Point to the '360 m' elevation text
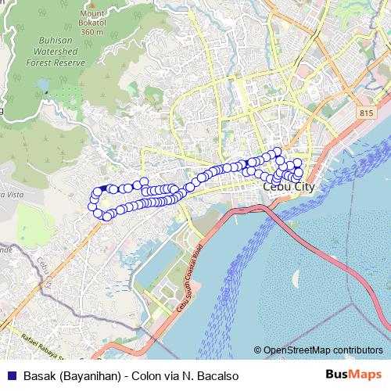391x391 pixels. pos(92,31)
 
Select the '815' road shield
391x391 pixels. pos(367,113)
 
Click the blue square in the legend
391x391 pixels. pos(9,375)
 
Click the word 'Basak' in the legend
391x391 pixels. pos(39,375)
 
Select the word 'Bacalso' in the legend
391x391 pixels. pos(213,375)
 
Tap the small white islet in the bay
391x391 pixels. pos(297,276)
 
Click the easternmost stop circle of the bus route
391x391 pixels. pos(299,172)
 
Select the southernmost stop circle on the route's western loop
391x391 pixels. pos(107,216)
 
